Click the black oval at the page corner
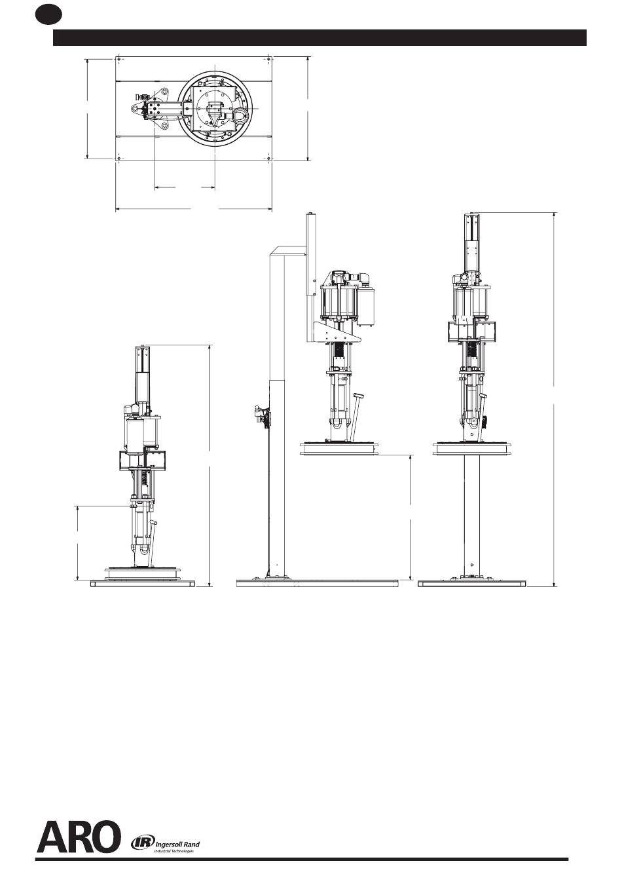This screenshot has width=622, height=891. [x=48, y=15]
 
